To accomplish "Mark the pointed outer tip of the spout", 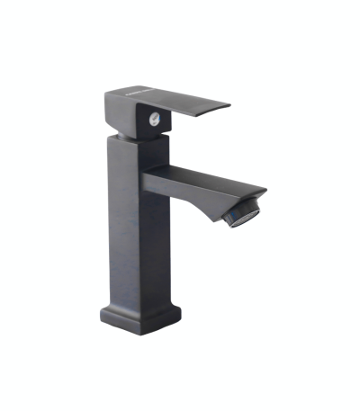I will pyautogui.click(x=265, y=191).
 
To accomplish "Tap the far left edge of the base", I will pyautogui.click(x=101, y=316).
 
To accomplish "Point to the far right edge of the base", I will pyautogui.click(x=180, y=314).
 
